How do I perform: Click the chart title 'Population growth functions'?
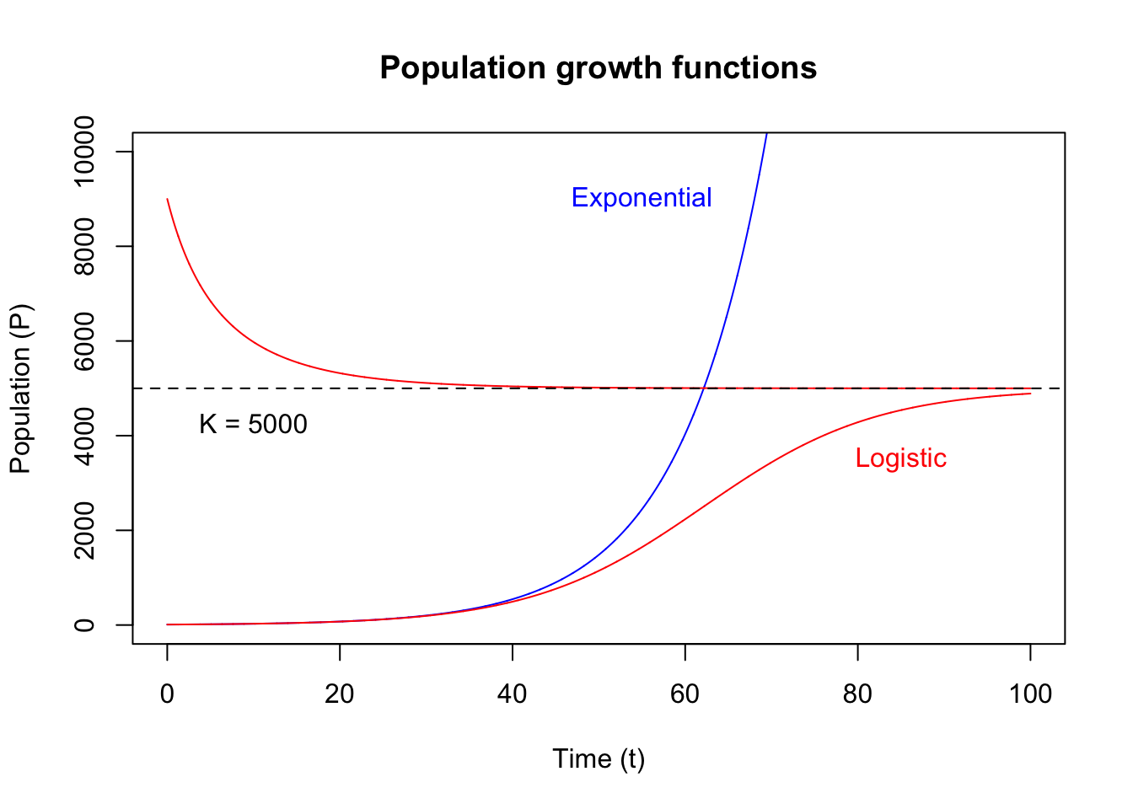tap(598, 67)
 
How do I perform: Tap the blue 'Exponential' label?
tap(642, 197)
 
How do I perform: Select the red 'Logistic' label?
tap(900, 458)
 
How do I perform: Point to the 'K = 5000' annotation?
tap(253, 424)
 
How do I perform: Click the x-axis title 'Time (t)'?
tap(599, 758)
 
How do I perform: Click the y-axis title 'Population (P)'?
tap(20, 388)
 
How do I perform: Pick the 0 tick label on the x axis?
tap(167, 694)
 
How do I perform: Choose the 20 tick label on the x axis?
tap(340, 694)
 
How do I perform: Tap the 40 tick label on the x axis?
tap(512, 694)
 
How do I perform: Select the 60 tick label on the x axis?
tap(685, 694)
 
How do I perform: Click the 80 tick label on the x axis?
tap(857, 694)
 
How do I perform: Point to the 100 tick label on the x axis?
tap(1030, 694)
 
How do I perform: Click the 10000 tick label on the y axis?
tap(84, 152)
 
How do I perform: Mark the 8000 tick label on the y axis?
tap(84, 246)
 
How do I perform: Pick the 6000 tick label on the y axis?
tap(84, 340)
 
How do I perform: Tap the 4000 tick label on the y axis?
tap(84, 436)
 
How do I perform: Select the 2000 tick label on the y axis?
tap(84, 530)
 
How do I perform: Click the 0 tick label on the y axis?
tap(84, 624)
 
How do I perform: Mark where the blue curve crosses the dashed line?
tap(703, 388)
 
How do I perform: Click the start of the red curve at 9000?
tap(168, 199)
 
